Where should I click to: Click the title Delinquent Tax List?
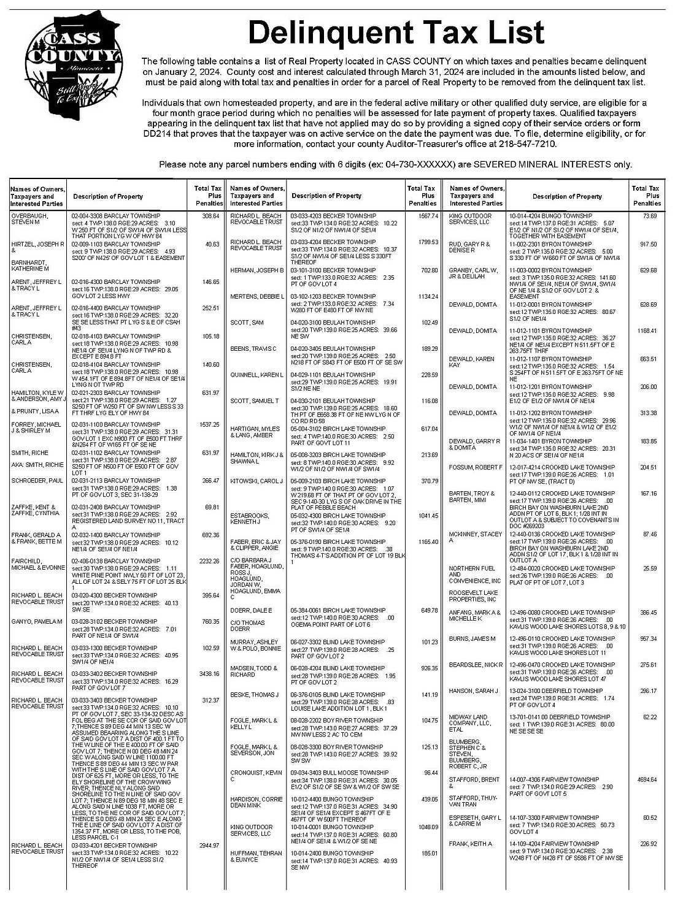click(396, 34)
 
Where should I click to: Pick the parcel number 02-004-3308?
click(90, 216)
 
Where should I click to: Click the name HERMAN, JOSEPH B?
click(256, 270)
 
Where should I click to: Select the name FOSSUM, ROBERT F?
click(476, 468)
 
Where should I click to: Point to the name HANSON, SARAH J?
click(473, 691)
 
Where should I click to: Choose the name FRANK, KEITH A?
click(471, 844)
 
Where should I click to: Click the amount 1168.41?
click(647, 331)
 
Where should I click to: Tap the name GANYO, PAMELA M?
click(37, 622)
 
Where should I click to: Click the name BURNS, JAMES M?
click(472, 639)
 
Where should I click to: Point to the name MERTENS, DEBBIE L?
click(257, 297)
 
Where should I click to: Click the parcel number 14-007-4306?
click(527, 779)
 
